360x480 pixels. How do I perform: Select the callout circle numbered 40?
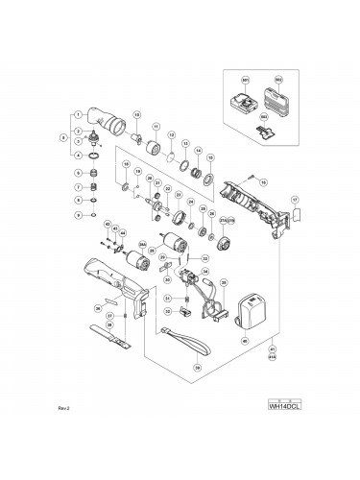click(244, 341)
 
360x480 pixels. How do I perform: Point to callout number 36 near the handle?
click(97, 308)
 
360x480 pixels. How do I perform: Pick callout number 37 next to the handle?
click(109, 315)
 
